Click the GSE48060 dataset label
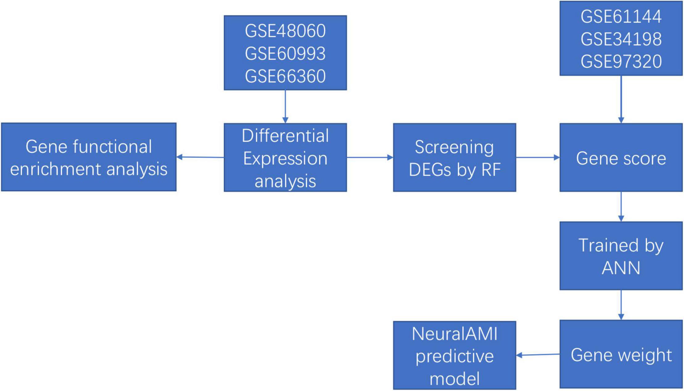(285, 31)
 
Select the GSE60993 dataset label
(285, 53)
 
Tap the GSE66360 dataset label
(285, 76)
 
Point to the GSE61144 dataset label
(621, 16)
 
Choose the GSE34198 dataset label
(621, 39)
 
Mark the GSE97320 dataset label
(621, 61)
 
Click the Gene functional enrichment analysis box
(89, 157)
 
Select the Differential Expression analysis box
(285, 157)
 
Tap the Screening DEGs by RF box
(454, 157)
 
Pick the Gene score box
(621, 157)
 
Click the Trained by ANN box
(621, 256)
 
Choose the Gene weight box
(621, 354)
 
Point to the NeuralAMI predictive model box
(454, 355)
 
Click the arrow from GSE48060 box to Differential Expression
(285, 107)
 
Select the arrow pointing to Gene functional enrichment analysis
(200, 157)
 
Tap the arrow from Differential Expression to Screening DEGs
(370, 157)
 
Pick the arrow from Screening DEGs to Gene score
(538, 157)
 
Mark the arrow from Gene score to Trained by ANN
(621, 207)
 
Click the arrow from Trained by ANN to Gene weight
(621, 305)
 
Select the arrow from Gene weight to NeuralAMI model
(538, 355)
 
